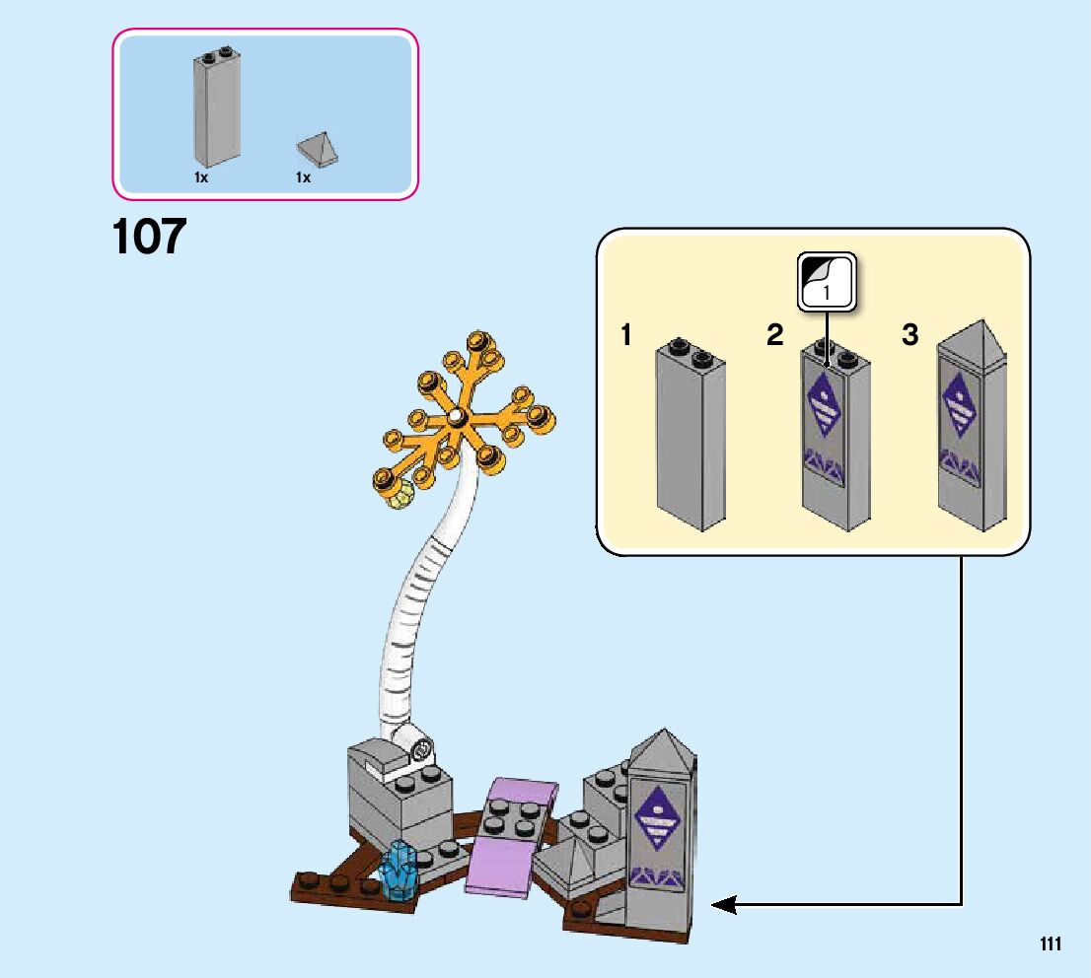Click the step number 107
pyautogui.click(x=150, y=237)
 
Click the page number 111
pyautogui.click(x=1050, y=944)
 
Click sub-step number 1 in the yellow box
pyautogui.click(x=625, y=335)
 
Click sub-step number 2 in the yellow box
pyautogui.click(x=774, y=335)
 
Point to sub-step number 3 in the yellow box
pyautogui.click(x=909, y=335)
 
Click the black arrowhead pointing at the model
pyautogui.click(x=724, y=903)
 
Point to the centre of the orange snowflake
pyautogui.click(x=456, y=418)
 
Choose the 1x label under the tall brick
pyautogui.click(x=201, y=177)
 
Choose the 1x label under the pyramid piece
pyautogui.click(x=303, y=177)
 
